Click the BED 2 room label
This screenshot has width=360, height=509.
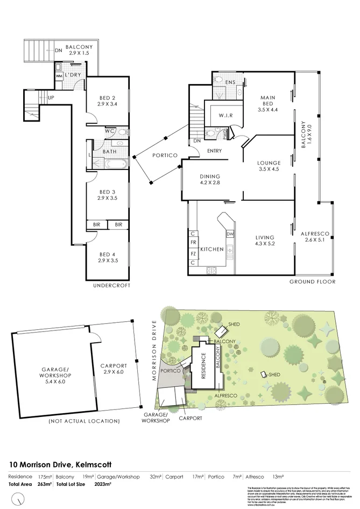tap(108, 98)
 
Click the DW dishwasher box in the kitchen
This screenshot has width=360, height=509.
tap(230, 234)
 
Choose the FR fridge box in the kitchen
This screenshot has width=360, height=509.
tap(193, 243)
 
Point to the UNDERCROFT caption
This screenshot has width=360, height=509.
tap(112, 286)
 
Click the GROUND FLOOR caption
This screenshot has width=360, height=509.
tap(313, 281)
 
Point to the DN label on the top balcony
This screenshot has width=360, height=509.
tap(58, 51)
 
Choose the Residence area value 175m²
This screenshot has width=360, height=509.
tap(45, 477)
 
